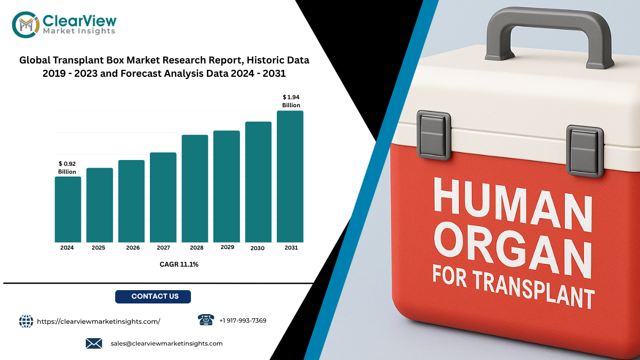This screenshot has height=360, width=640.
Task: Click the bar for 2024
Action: [68, 210]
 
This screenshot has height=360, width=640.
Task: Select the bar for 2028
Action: [195, 189]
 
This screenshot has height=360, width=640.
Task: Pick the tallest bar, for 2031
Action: [290, 177]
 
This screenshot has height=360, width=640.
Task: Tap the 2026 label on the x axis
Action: [133, 247]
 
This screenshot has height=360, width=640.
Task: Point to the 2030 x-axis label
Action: [258, 249]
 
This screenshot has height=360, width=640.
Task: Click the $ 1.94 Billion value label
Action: [291, 101]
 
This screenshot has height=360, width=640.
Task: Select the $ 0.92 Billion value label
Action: [67, 167]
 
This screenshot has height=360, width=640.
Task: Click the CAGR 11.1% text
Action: [179, 265]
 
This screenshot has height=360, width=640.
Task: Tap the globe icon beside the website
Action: [26, 322]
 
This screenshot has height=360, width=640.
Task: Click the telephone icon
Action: [206, 319]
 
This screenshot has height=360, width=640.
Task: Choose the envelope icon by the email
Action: [94, 343]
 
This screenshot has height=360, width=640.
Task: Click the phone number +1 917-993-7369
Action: [243, 321]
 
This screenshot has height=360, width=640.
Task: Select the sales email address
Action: [166, 343]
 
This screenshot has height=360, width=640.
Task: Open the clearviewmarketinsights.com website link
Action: [99, 322]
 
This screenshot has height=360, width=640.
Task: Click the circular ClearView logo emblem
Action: [26, 25]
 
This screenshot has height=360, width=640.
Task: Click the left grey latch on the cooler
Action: [434, 135]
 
